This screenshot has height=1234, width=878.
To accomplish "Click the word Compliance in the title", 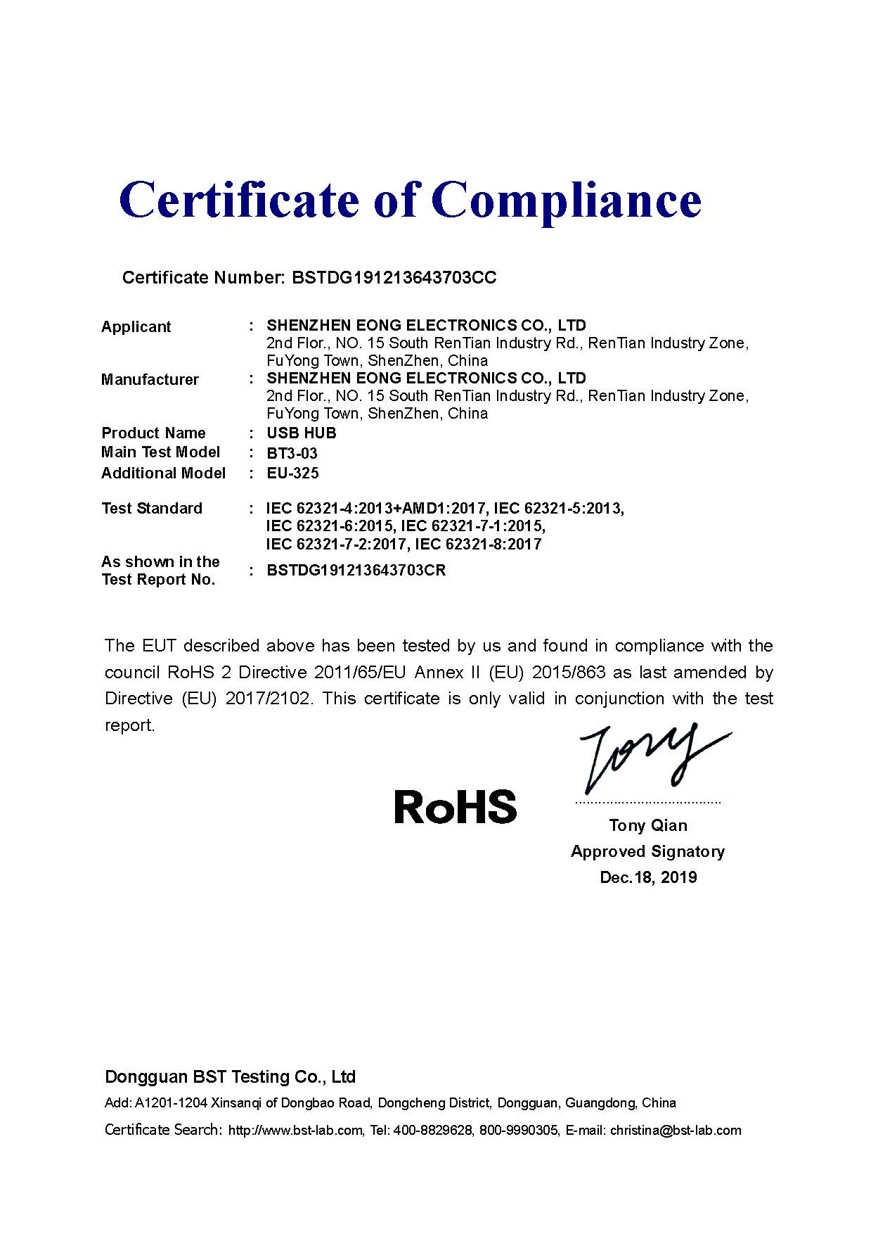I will click(x=570, y=200).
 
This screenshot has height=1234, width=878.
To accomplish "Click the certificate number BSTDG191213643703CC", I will click(x=394, y=277).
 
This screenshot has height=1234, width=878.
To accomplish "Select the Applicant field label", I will click(x=136, y=326).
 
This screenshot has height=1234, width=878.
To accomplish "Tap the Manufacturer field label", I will click(x=150, y=380).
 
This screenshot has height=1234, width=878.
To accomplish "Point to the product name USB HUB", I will click(x=301, y=433).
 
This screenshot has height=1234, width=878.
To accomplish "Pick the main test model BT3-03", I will click(x=292, y=454).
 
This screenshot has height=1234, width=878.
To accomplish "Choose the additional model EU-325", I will click(x=292, y=473).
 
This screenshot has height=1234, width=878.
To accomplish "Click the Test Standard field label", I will click(x=151, y=509).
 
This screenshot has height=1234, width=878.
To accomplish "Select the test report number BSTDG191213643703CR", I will click(x=356, y=570).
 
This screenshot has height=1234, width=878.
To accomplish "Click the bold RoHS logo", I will click(x=456, y=807).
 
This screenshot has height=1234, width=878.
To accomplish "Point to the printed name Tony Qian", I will click(x=648, y=825).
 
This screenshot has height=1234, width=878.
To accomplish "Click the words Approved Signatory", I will click(x=647, y=851).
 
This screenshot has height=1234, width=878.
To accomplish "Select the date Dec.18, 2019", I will click(x=648, y=877).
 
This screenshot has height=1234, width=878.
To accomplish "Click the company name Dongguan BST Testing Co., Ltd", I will click(x=230, y=1076).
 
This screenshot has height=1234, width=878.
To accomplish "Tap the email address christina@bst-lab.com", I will click(x=675, y=1131).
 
